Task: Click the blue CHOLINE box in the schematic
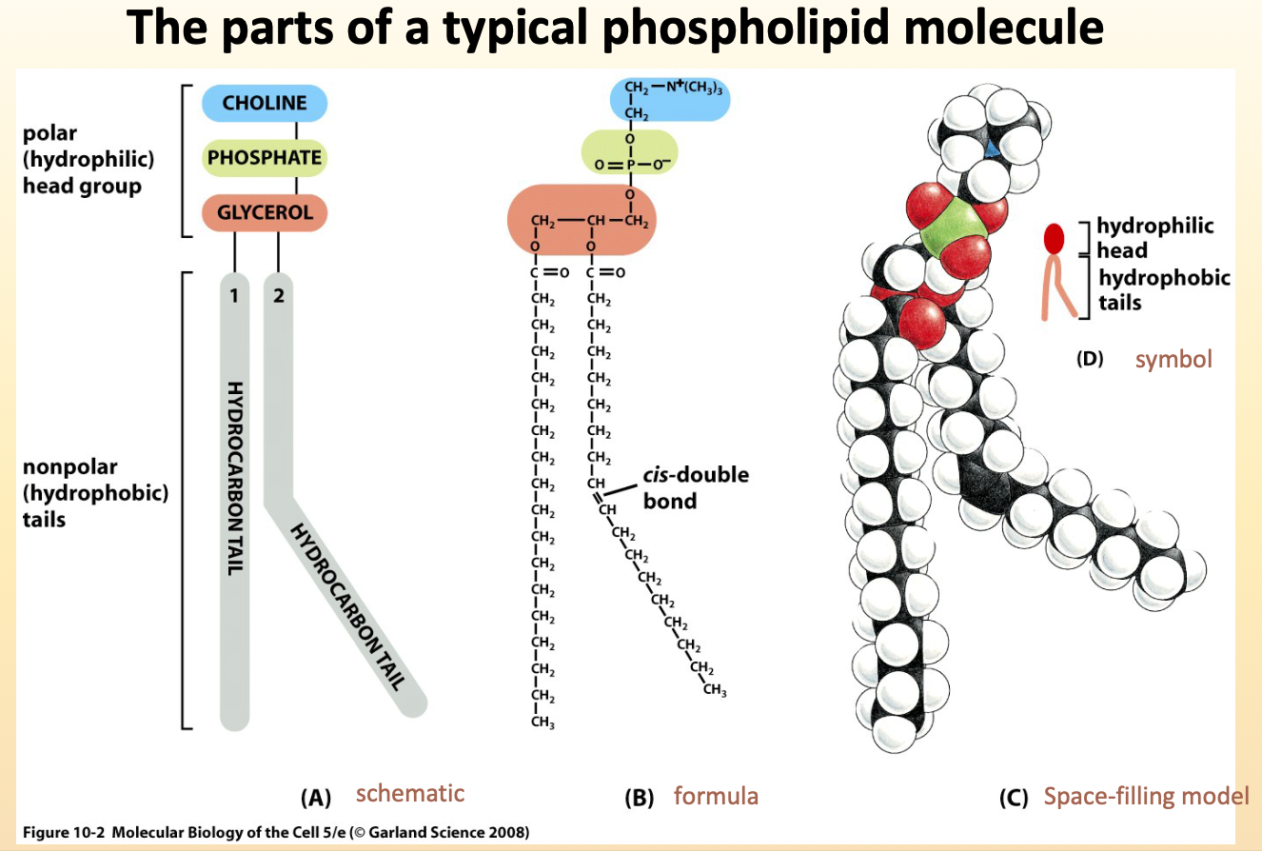pyautogui.click(x=264, y=103)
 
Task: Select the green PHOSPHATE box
pyautogui.click(x=264, y=157)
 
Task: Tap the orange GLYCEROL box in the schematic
pyautogui.click(x=264, y=211)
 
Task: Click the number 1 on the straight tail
pyautogui.click(x=234, y=295)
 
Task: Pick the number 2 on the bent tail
pyautogui.click(x=278, y=295)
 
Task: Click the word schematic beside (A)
pyautogui.click(x=410, y=793)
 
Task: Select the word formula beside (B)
pyautogui.click(x=716, y=795)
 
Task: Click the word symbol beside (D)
pyautogui.click(x=1173, y=360)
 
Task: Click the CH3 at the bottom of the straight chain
pyautogui.click(x=543, y=725)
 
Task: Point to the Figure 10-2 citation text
pyautogui.click(x=273, y=832)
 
